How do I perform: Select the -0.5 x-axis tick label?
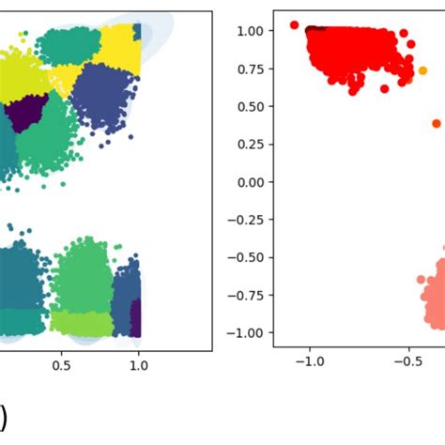[406, 361]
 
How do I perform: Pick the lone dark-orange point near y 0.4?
[437, 123]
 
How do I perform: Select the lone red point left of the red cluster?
[294, 25]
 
